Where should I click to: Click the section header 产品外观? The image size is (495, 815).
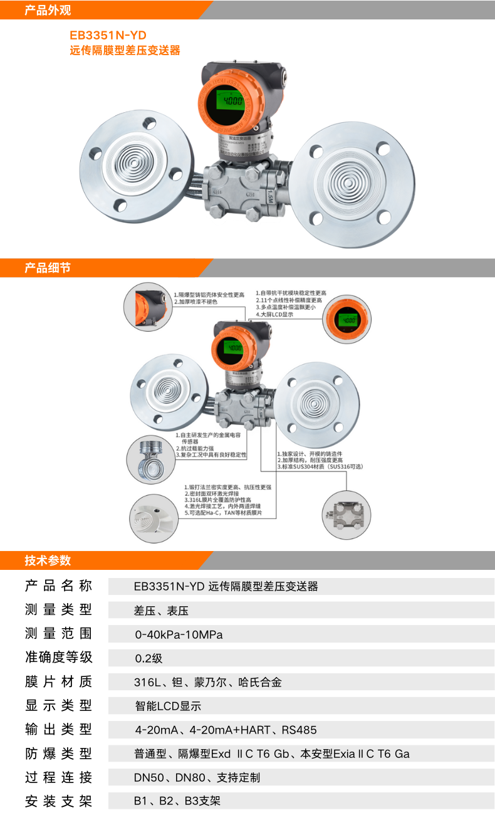point(48,10)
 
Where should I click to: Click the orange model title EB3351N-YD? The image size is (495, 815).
point(108,36)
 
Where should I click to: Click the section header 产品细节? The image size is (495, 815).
point(48,268)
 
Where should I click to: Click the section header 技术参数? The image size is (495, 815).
point(48,560)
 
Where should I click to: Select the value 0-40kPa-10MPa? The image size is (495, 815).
point(179,634)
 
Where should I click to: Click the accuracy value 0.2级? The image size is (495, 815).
point(148,658)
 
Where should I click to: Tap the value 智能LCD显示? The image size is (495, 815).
point(167,706)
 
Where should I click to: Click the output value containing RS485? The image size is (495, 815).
point(226,730)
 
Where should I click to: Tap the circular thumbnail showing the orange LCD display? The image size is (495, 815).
point(347,320)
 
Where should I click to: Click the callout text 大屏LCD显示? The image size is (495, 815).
point(276,315)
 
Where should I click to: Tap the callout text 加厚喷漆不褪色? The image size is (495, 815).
point(197,302)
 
